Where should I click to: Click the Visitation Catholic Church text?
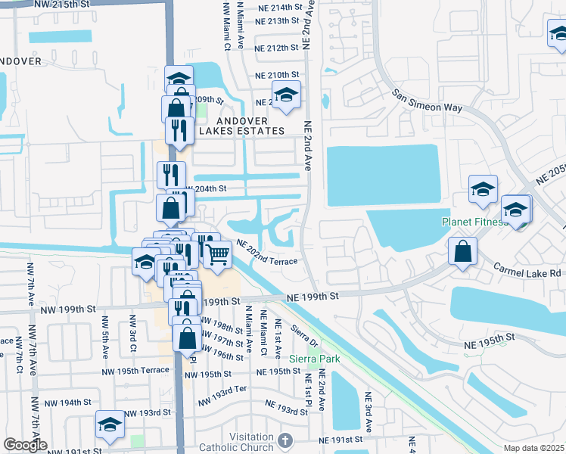click(235, 442)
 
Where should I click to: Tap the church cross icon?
click(285, 440)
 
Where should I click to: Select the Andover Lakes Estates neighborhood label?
click(242, 126)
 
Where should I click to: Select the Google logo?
click(25, 445)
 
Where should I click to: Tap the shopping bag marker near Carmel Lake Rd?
click(462, 252)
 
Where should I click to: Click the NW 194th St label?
click(67, 402)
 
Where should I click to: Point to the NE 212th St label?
click(272, 48)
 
